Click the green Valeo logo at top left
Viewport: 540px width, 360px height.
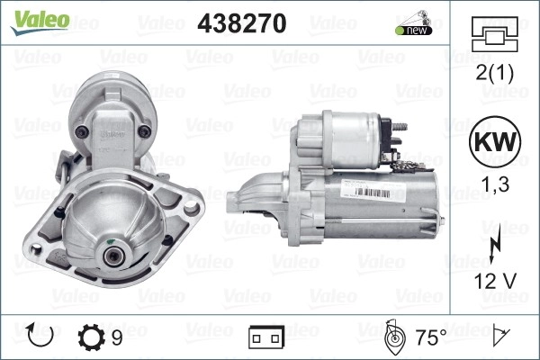40,22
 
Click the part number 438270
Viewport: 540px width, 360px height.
242,23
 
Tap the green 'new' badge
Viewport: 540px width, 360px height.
414,31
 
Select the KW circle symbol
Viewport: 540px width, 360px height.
495,141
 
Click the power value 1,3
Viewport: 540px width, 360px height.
495,184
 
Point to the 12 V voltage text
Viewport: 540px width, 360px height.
495,281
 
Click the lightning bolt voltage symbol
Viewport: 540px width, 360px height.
495,243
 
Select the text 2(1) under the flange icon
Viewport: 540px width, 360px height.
494,73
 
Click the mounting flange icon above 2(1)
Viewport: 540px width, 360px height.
494,34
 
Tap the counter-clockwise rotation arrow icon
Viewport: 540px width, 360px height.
40,335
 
